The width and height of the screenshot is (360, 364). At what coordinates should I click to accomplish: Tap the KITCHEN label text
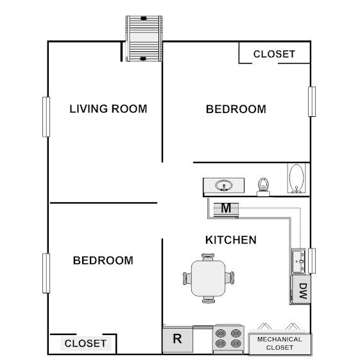click(x=230, y=240)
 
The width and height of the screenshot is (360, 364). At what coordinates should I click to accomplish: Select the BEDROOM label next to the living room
click(x=236, y=109)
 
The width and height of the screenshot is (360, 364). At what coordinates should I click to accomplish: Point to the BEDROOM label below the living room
click(x=103, y=261)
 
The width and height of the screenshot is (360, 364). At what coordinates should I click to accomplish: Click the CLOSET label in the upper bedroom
click(x=274, y=54)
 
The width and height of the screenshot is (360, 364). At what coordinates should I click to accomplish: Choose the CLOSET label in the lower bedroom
click(x=85, y=343)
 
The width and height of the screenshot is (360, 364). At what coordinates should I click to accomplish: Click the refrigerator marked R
click(x=178, y=340)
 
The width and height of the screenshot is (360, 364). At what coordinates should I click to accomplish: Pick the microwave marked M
click(x=226, y=208)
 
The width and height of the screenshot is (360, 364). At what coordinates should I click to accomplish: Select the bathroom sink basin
click(x=223, y=186)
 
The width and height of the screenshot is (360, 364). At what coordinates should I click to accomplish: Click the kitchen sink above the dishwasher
click(x=298, y=261)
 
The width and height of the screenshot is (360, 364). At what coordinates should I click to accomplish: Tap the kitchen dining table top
click(x=209, y=278)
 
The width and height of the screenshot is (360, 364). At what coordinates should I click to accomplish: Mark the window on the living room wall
click(x=46, y=116)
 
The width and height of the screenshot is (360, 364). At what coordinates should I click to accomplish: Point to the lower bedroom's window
click(x=46, y=273)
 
